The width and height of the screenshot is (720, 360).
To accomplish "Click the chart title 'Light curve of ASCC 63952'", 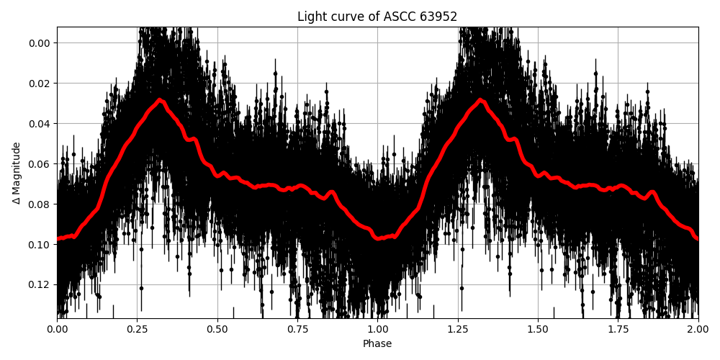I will (x=377, y=17).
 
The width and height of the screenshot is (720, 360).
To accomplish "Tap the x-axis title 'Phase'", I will (x=377, y=344).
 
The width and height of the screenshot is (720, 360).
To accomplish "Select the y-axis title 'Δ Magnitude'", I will (x=16, y=173).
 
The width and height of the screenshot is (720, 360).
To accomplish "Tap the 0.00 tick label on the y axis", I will (x=38, y=42).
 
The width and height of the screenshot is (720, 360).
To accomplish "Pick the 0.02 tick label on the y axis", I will (x=38, y=83).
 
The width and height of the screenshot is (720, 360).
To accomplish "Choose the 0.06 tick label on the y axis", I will (x=38, y=163).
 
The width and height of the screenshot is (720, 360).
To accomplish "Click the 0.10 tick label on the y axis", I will (x=38, y=244).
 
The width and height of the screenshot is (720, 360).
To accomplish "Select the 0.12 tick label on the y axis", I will (x=38, y=284).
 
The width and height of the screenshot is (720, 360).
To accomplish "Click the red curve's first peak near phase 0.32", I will (x=160, y=100).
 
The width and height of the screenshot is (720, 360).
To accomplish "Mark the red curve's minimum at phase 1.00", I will (x=377, y=237).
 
